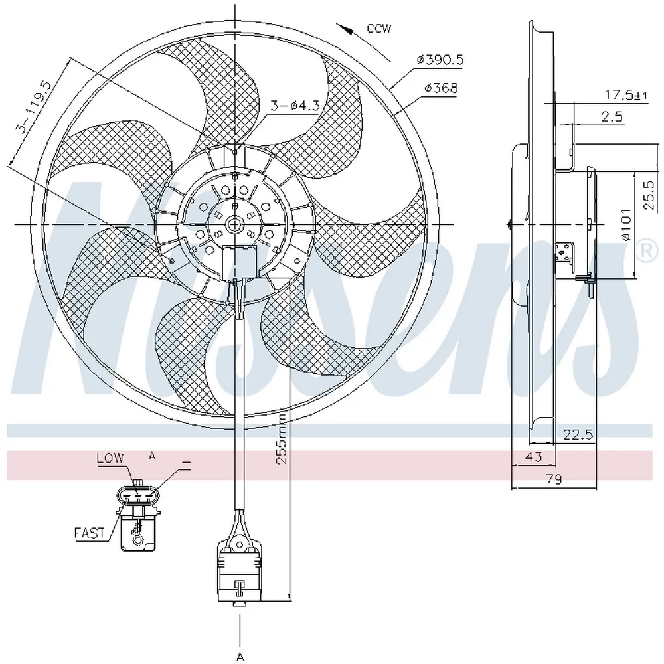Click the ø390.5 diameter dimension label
[440, 60]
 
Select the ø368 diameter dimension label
[441, 88]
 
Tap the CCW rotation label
[379, 29]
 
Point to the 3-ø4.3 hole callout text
[295, 105]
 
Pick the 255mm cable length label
[281, 439]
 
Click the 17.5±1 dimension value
[625, 94]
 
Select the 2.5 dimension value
[612, 116]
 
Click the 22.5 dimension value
[578, 434]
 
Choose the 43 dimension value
[533, 457]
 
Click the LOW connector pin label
[110, 457]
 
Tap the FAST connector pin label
[89, 533]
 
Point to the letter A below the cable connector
[240, 657]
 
